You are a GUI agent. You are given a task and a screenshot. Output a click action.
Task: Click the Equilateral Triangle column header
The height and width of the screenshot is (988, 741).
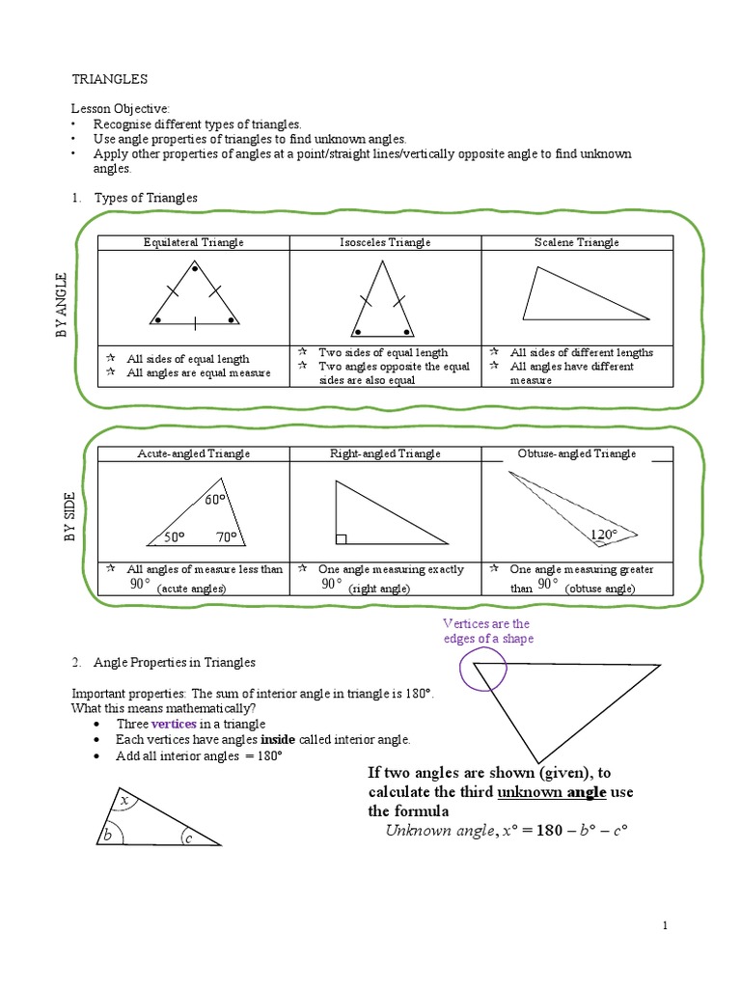pyautogui.click(x=193, y=242)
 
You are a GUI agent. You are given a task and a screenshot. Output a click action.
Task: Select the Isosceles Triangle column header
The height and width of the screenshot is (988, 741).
pyautogui.click(x=385, y=242)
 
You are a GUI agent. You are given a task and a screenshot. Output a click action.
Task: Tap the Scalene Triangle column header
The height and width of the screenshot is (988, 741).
pyautogui.click(x=576, y=242)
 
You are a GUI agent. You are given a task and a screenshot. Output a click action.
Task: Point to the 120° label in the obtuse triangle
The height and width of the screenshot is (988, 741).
pyautogui.click(x=604, y=534)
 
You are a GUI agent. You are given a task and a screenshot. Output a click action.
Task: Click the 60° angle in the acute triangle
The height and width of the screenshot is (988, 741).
pyautogui.click(x=214, y=500)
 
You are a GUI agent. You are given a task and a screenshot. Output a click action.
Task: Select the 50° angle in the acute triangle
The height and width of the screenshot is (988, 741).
pyautogui.click(x=175, y=537)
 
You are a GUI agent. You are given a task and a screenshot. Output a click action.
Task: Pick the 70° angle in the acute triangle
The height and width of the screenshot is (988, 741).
pyautogui.click(x=227, y=537)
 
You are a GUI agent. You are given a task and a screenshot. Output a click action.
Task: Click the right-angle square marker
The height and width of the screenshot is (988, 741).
pyautogui.click(x=341, y=538)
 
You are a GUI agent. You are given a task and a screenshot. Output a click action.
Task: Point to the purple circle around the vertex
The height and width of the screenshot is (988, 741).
pyautogui.click(x=477, y=668)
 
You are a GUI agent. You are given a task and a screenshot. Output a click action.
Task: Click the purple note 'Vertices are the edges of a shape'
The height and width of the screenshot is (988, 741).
pyautogui.click(x=487, y=631)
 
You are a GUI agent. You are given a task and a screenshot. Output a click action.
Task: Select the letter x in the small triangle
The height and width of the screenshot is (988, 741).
pyautogui.click(x=123, y=801)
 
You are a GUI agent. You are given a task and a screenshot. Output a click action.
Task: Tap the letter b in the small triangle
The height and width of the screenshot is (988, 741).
pyautogui.click(x=108, y=835)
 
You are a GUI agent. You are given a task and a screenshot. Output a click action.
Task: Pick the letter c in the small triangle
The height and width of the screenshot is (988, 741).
pyautogui.click(x=188, y=838)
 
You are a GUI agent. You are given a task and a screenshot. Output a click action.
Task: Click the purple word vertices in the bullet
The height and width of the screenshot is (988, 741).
pyautogui.click(x=174, y=724)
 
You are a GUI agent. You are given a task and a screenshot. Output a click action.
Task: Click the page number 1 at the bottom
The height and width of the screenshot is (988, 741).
pyautogui.click(x=665, y=926)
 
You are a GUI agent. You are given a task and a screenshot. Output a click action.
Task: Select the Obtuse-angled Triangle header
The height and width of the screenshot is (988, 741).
pyautogui.click(x=576, y=453)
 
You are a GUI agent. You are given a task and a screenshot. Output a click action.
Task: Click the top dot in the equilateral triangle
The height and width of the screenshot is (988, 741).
pyautogui.click(x=195, y=268)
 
